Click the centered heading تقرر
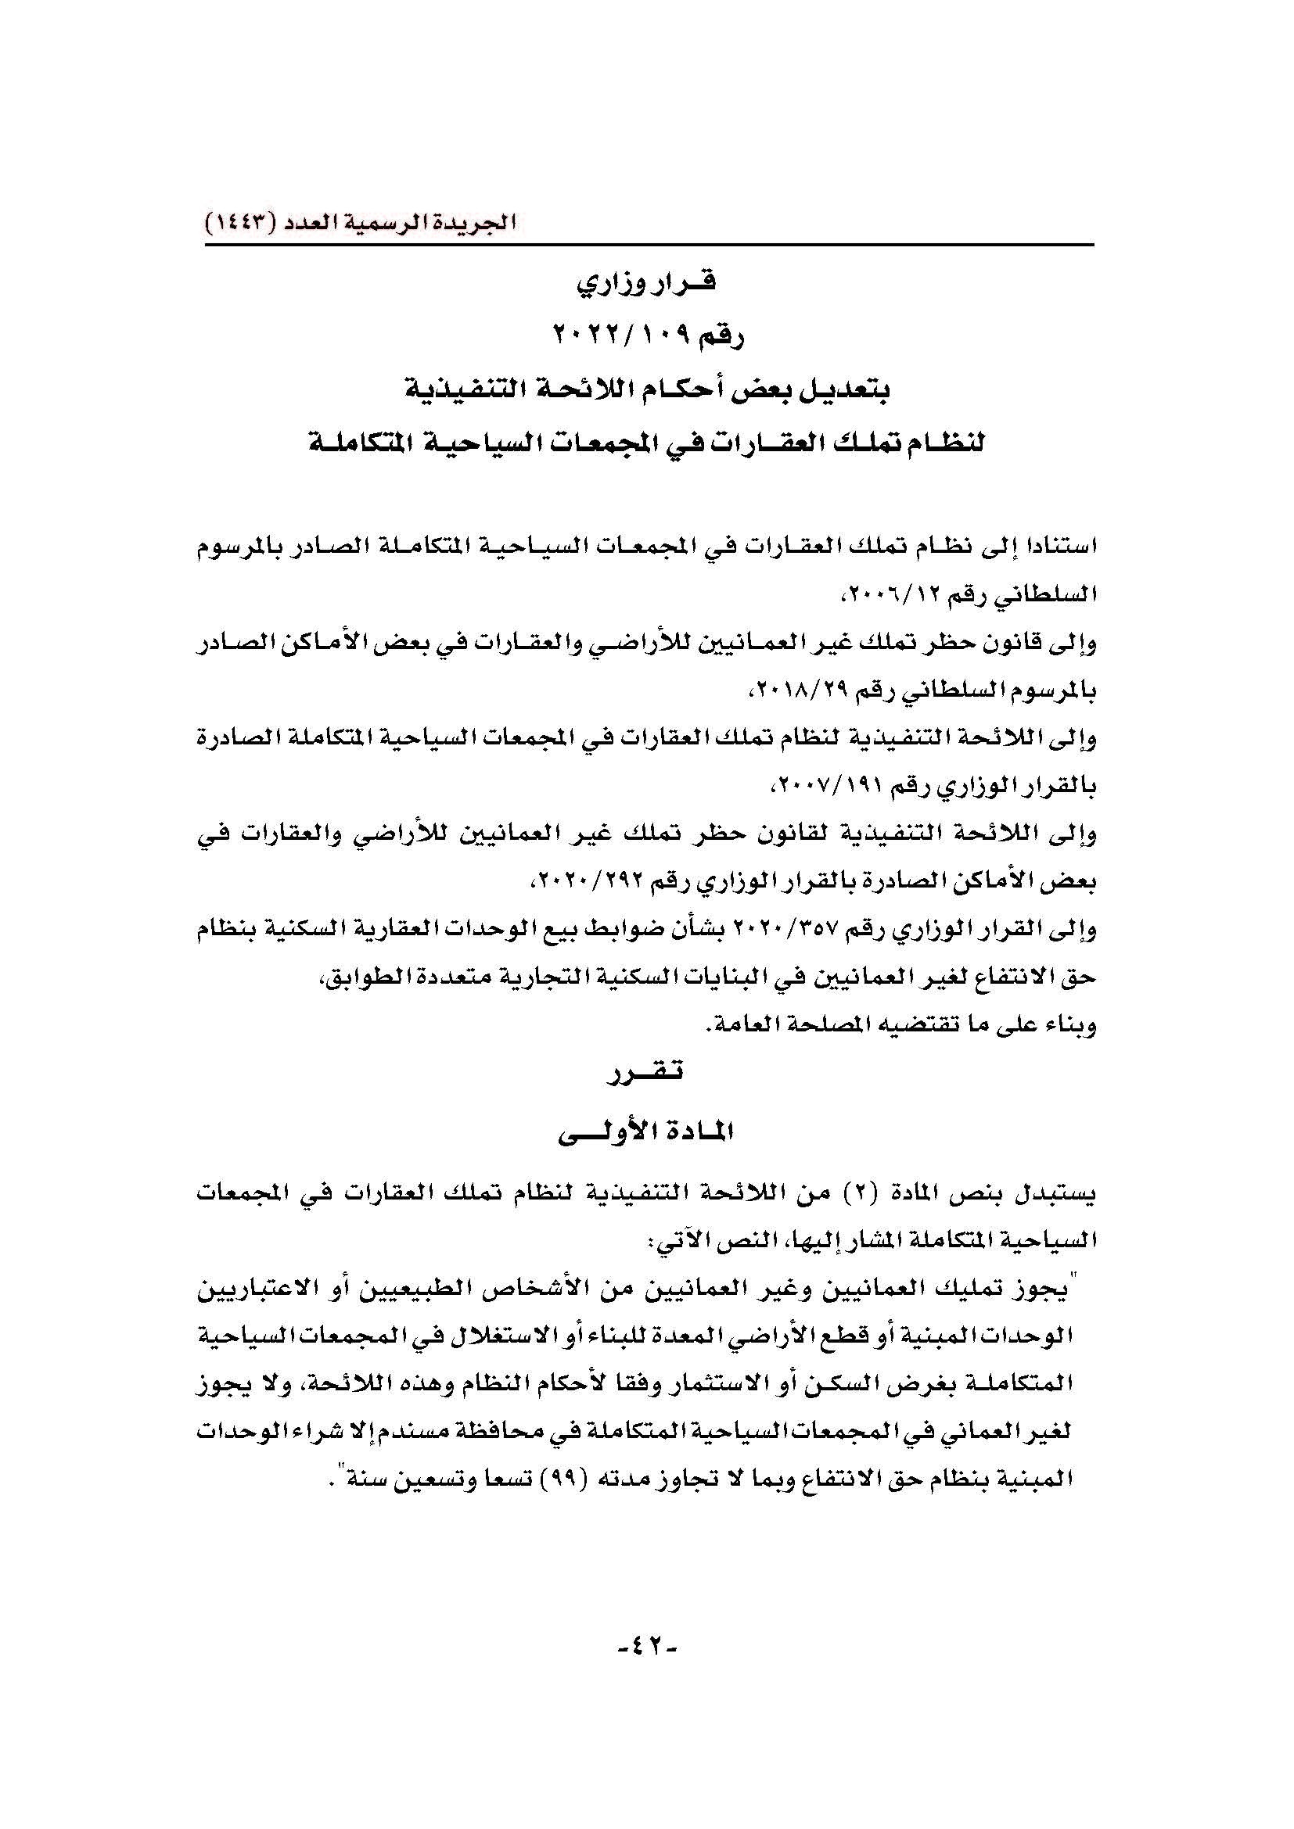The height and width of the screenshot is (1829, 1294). (647, 1073)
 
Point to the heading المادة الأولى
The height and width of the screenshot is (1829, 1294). (647, 1131)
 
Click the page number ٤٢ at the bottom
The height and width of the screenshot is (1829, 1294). (647, 1649)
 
